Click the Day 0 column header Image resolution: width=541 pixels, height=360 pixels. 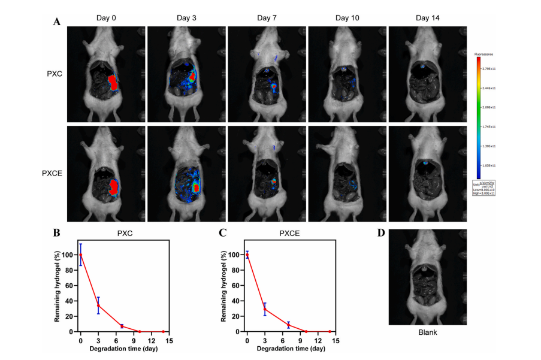(106, 18)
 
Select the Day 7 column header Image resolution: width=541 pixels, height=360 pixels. (267, 18)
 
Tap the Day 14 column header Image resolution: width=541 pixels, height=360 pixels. (427, 18)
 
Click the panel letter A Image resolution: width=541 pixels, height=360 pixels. (57, 22)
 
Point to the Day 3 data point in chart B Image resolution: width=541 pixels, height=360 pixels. (98, 305)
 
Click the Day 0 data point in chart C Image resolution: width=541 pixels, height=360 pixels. (247, 255)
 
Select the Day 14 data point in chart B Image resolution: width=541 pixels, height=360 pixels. (164, 331)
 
